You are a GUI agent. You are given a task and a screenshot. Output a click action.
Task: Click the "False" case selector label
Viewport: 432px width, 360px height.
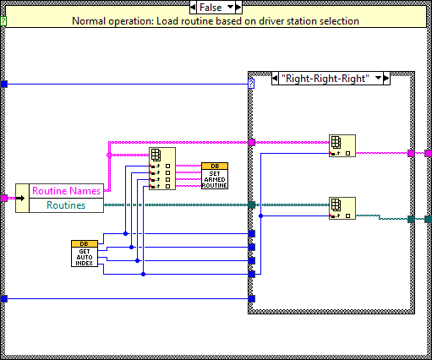(x=205, y=7)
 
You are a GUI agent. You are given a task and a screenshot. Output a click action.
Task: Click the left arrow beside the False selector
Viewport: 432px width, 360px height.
(x=183, y=7)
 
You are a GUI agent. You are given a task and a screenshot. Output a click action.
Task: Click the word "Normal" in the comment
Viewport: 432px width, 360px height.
(x=92, y=20)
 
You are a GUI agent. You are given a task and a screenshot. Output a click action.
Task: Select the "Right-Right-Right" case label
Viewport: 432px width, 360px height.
(x=326, y=78)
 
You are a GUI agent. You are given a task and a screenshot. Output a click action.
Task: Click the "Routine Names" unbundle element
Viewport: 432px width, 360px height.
(x=66, y=191)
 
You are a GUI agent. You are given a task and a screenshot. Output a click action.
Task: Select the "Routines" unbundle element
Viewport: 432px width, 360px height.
(x=66, y=205)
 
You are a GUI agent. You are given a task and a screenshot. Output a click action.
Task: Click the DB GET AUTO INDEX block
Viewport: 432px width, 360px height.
(x=84, y=253)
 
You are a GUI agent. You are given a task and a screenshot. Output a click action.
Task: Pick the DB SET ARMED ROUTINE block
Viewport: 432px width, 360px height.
(x=214, y=175)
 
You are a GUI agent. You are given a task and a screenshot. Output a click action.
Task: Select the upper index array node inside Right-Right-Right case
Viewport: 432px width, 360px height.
(x=342, y=145)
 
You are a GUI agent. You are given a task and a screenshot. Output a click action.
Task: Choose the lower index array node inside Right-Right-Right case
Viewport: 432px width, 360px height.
(x=342, y=208)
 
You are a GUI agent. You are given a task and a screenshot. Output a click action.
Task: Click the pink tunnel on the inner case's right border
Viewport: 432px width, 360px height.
(x=412, y=154)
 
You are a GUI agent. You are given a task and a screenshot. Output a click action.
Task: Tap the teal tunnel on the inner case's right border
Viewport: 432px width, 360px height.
(x=412, y=219)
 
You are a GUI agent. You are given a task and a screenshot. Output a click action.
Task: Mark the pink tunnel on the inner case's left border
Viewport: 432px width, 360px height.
(x=251, y=142)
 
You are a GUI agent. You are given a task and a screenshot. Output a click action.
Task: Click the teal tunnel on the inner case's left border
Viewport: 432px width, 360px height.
(x=251, y=205)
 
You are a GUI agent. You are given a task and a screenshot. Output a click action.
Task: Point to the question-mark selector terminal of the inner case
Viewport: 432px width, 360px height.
(x=251, y=84)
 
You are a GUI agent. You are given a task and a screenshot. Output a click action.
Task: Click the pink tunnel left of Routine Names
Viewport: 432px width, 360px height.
(x=4, y=198)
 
